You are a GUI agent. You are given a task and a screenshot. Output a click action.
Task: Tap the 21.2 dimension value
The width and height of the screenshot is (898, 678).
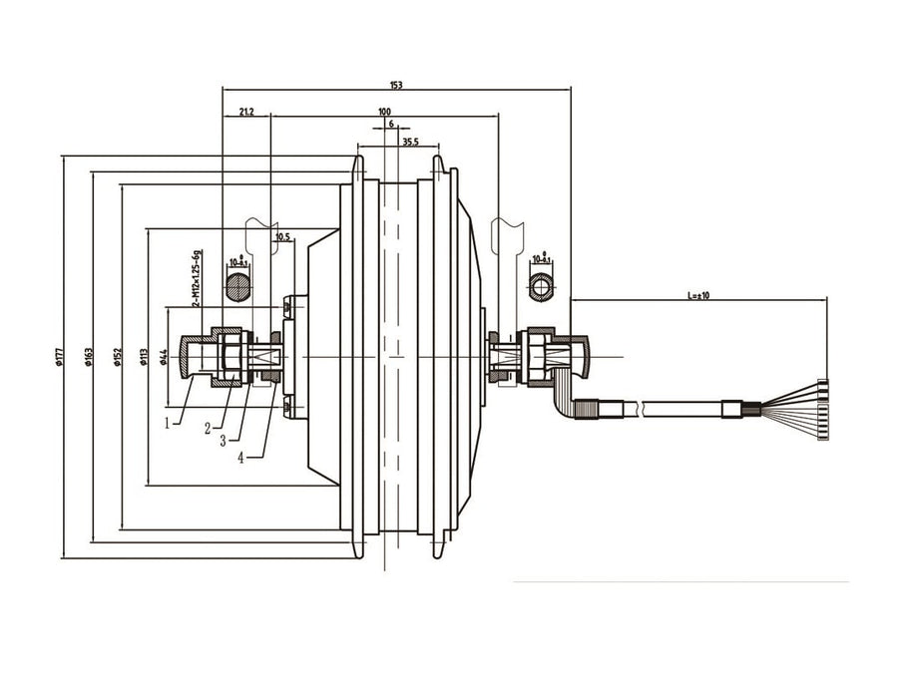click(245, 113)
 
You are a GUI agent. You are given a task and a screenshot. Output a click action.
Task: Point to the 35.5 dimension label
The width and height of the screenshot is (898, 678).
click(409, 143)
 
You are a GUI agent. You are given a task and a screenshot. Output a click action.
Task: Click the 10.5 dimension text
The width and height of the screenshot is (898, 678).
click(281, 237)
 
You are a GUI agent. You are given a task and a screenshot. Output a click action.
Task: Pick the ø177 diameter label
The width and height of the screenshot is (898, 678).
click(60, 356)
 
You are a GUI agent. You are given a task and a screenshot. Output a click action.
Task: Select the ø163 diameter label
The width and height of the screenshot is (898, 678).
click(89, 356)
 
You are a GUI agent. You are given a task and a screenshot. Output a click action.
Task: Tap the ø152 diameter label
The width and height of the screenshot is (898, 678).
click(118, 356)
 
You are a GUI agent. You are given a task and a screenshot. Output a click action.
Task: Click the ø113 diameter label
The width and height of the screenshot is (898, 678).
click(145, 356)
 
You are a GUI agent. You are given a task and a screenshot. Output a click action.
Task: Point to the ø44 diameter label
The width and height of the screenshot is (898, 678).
click(163, 356)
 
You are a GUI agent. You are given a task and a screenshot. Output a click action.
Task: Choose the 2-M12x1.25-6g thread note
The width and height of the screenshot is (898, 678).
click(198, 278)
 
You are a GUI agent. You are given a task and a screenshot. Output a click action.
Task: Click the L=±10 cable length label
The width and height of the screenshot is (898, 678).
click(697, 295)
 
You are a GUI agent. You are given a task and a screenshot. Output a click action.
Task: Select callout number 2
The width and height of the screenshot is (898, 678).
click(207, 429)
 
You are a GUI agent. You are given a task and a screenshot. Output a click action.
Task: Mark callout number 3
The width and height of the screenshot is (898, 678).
click(224, 440)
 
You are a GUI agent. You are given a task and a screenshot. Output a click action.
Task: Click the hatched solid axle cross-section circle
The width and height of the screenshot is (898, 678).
click(237, 288)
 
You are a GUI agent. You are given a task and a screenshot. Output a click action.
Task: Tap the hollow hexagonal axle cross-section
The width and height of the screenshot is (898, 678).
click(542, 286)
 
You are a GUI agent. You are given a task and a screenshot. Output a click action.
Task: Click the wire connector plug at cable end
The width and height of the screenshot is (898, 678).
click(822, 409)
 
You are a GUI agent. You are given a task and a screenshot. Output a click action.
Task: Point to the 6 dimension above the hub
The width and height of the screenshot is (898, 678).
click(391, 124)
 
